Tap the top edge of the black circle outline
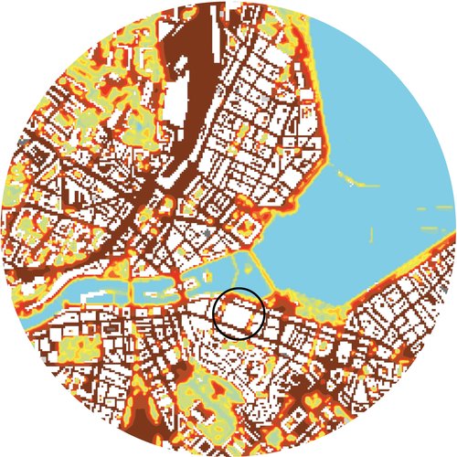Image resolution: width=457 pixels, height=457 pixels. [239, 288]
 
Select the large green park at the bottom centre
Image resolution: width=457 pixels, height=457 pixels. [215, 402]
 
